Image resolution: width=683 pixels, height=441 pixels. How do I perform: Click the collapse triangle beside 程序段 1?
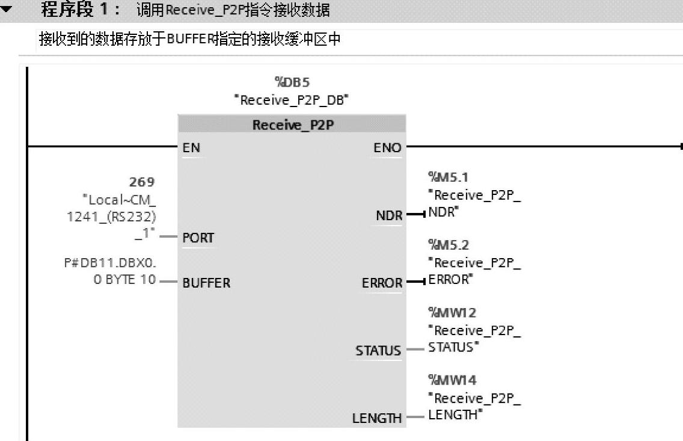[x=6, y=10]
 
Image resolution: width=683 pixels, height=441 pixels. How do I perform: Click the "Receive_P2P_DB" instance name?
[x=292, y=100]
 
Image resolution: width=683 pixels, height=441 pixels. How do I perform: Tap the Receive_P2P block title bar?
[x=292, y=125]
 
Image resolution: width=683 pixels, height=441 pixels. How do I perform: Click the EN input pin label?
[x=192, y=147]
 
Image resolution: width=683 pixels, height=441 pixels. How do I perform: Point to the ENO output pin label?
[x=387, y=148]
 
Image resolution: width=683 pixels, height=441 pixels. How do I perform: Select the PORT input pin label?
[x=198, y=238]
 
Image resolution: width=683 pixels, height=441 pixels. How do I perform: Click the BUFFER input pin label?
[x=206, y=283]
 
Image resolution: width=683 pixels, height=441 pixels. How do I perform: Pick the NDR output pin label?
[x=390, y=215]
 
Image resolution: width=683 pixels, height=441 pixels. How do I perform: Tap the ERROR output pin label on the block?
[x=382, y=283]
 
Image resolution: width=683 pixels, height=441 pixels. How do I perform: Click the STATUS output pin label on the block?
[x=378, y=351]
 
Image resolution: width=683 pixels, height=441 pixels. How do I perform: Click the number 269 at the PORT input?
[x=142, y=182]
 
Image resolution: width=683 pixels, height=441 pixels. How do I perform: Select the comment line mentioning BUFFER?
[x=190, y=40]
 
